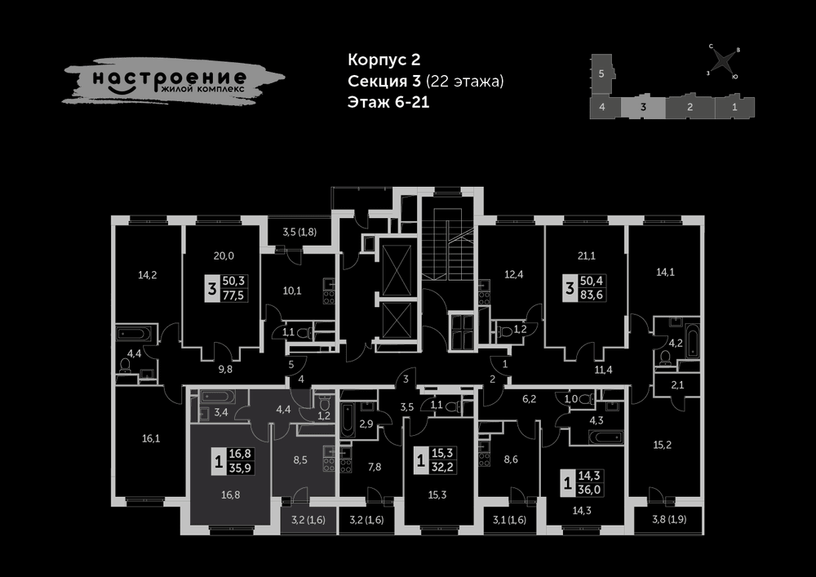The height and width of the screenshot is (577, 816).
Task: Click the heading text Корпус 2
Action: (384, 60)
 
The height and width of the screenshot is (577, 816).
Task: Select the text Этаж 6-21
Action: (388, 102)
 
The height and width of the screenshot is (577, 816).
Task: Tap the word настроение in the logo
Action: (170, 79)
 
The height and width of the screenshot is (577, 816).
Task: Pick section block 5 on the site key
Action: (601, 74)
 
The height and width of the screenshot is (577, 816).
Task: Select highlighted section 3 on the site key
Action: (643, 108)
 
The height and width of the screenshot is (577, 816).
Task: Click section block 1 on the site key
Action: (735, 108)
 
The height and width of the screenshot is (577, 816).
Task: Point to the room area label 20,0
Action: (224, 256)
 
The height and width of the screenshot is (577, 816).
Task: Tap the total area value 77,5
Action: (233, 295)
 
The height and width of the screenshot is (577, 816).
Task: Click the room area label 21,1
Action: (587, 256)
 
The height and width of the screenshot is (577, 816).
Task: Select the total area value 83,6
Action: (591, 295)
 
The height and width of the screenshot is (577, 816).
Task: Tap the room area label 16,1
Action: (151, 438)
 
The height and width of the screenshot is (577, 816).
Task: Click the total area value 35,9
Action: (240, 468)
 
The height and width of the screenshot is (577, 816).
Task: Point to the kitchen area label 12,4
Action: (513, 274)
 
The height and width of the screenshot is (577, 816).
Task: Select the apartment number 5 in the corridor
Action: (291, 365)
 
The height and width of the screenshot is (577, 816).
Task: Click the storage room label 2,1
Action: (677, 385)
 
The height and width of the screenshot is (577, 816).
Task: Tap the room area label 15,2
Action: (662, 445)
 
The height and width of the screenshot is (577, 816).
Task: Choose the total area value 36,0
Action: (590, 490)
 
